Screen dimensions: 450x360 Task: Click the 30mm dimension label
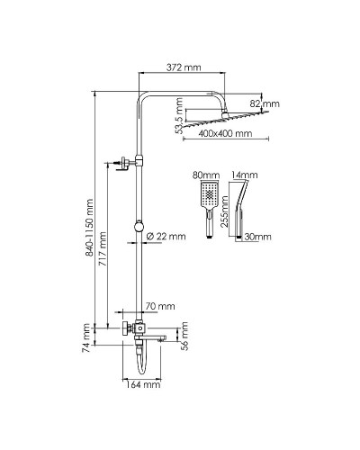(259, 237)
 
